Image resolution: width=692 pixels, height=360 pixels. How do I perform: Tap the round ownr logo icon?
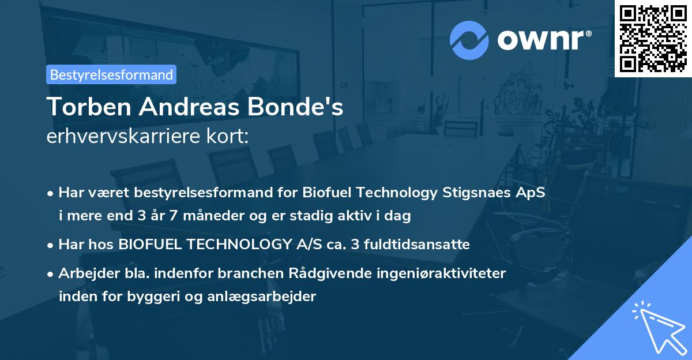tap(469, 40)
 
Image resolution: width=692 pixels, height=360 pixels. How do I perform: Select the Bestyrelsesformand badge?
tap(111, 74)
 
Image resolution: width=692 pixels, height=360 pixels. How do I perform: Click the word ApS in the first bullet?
tap(529, 192)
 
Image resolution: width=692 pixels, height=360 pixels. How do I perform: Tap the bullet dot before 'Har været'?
tap(51, 193)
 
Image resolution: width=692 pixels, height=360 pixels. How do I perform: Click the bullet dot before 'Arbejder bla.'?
tap(51, 273)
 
